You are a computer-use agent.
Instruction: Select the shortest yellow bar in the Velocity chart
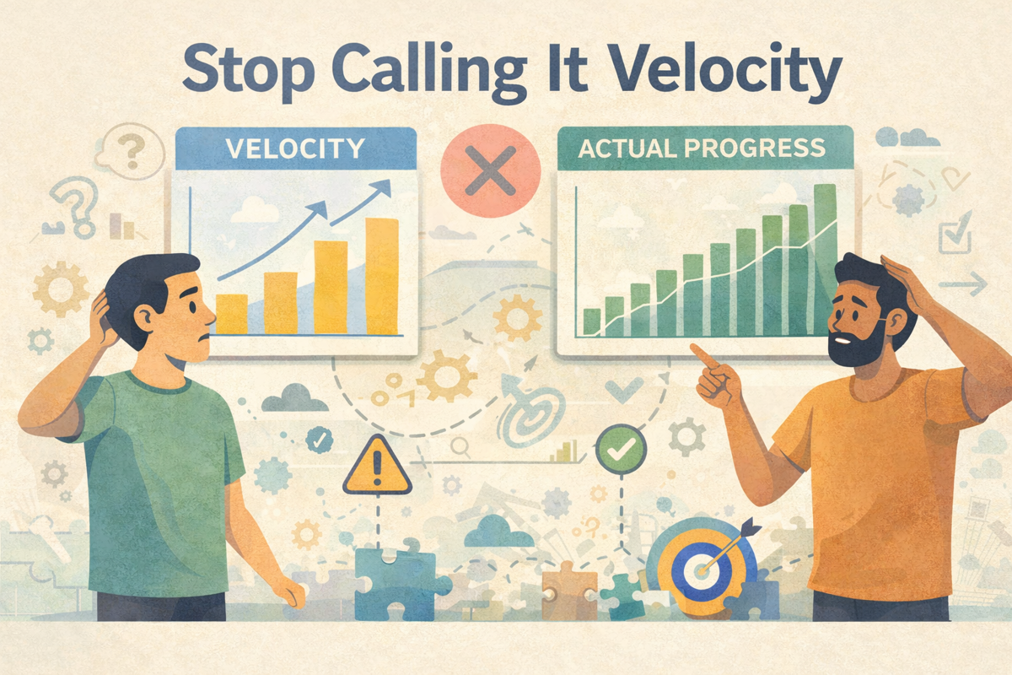(231, 313)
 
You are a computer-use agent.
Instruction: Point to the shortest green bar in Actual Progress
(592, 321)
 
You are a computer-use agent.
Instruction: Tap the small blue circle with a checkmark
(318, 439)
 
